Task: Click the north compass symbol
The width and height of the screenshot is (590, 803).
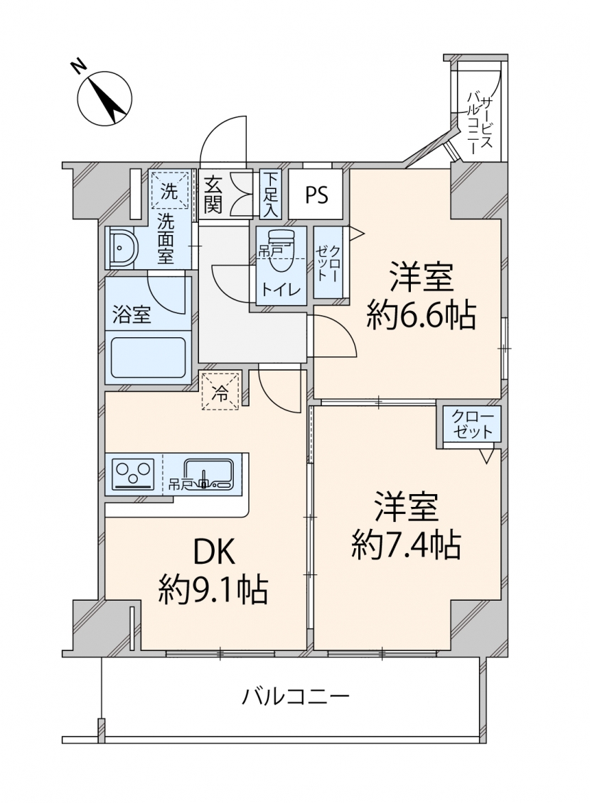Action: coord(104,98)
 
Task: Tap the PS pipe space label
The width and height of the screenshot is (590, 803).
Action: coord(316,195)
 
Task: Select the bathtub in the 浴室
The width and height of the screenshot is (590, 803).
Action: coord(148,357)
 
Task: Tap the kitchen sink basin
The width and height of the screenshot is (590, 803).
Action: coord(208,473)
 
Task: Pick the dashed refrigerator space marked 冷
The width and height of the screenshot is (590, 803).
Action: coord(220,391)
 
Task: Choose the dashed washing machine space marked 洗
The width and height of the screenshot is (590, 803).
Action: coord(169,190)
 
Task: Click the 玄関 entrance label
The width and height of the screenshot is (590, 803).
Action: coord(213,194)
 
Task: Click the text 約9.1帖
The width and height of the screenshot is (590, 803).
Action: coord(213,590)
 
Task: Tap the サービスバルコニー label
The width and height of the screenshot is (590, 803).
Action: coord(481,122)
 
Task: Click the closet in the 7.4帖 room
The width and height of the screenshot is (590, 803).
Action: coord(471,425)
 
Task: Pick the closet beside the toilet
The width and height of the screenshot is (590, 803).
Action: coord(328,263)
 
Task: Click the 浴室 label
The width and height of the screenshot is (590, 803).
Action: coord(132,314)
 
